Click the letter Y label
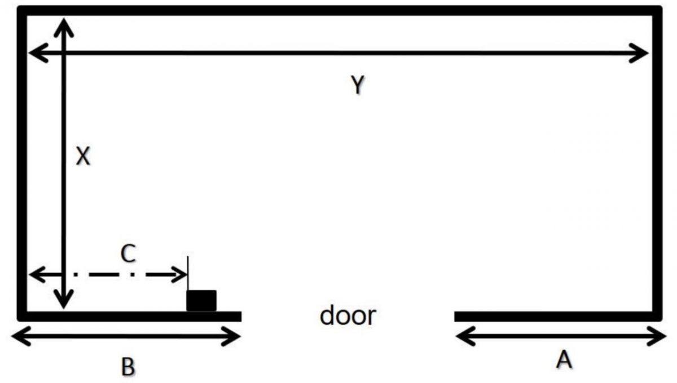(x=357, y=85)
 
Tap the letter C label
(x=128, y=255)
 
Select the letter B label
(x=128, y=367)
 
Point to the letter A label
(x=564, y=359)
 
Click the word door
(x=347, y=315)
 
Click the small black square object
(x=201, y=301)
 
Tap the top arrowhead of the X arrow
(x=64, y=25)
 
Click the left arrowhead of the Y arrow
(x=35, y=54)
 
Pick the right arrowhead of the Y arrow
(x=642, y=54)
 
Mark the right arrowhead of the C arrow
(x=181, y=275)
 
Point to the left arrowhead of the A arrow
(x=461, y=337)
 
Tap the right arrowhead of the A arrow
(x=660, y=337)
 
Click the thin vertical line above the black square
(x=188, y=273)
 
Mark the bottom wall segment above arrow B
(x=130, y=316)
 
